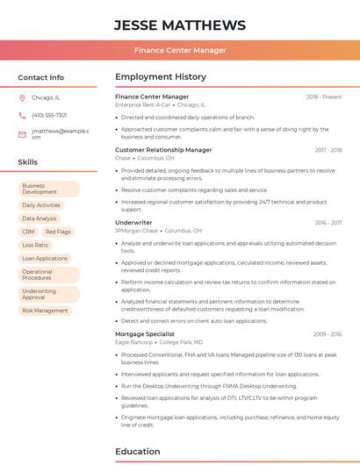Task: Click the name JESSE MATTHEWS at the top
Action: click(180, 25)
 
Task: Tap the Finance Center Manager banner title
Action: click(180, 50)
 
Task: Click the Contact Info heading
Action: click(40, 77)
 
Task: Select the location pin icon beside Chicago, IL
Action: click(22, 97)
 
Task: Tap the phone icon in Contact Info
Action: click(22, 115)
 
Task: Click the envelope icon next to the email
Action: click(22, 134)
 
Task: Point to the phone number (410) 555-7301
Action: click(49, 115)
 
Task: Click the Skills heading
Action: click(27, 162)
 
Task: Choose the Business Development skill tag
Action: click(48, 189)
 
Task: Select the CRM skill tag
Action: click(28, 232)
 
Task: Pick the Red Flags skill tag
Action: click(58, 232)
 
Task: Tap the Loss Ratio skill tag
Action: click(35, 245)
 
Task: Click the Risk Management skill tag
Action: click(45, 310)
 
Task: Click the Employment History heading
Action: click(161, 77)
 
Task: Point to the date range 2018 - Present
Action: click(324, 97)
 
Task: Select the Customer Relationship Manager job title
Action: click(163, 150)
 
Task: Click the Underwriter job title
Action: click(133, 223)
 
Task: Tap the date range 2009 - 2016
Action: click(327, 333)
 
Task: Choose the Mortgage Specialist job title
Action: click(145, 333)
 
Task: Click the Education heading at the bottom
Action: click(137, 452)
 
